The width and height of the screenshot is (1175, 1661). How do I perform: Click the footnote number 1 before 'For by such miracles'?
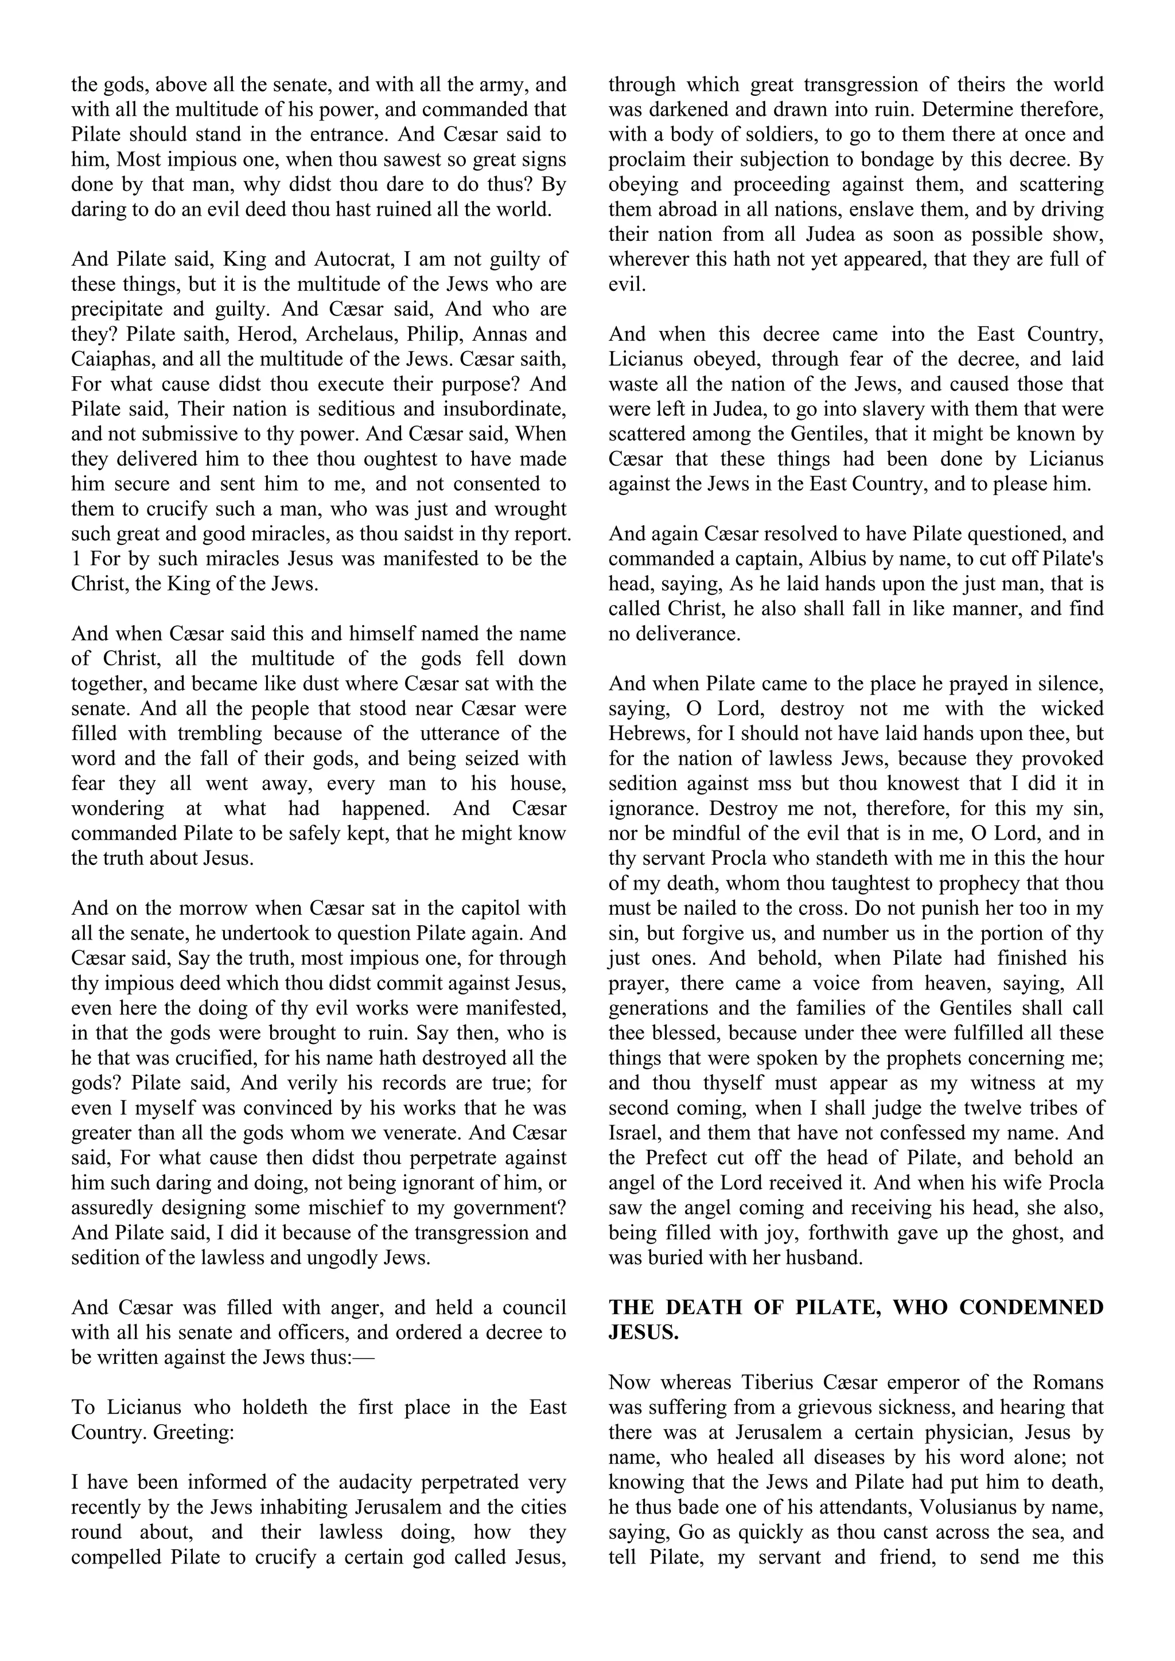point(75,559)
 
